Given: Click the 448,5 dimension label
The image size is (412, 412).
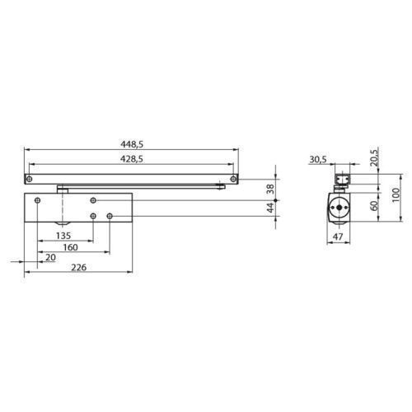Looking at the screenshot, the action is point(132,144).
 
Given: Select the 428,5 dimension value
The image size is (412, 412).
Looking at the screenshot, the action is point(132,159).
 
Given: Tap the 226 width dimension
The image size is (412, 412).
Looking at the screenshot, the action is point(79,267).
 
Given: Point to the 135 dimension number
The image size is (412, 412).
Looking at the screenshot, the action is point(63,236).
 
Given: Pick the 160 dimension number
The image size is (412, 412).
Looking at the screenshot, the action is point(71,247).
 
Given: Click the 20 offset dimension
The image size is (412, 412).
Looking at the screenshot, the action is point(50,257).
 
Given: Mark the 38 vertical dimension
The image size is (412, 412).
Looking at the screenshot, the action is point(270,189).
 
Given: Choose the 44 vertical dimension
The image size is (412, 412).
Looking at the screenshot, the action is point(271,208).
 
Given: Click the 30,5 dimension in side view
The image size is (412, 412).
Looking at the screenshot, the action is point(318,159).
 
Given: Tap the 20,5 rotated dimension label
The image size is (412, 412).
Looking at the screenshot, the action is point(374,157).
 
